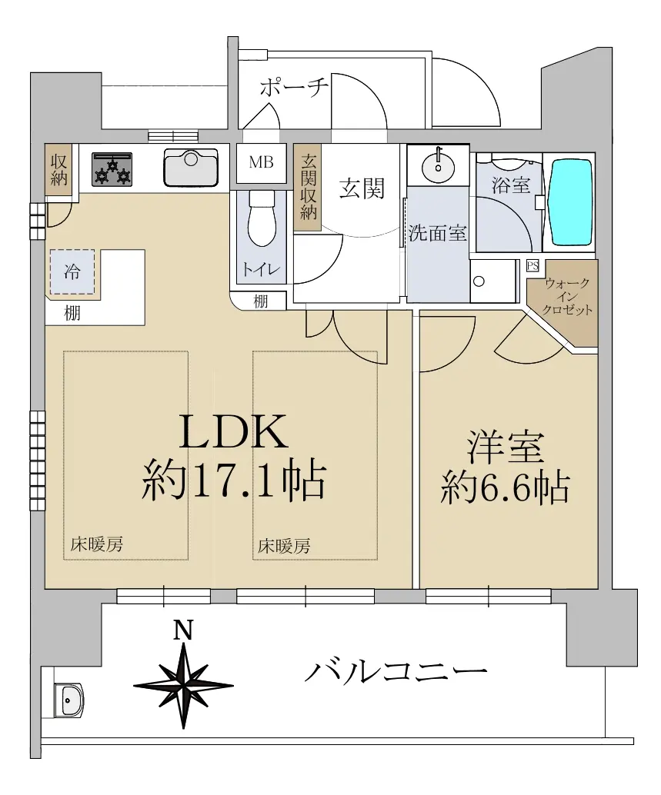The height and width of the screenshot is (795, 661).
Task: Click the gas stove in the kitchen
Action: coord(112,169)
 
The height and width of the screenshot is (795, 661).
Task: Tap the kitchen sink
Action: coord(191,167)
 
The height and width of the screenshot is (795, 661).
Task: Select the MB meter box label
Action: coord(262,162)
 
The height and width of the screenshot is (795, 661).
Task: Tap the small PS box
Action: coord(532,266)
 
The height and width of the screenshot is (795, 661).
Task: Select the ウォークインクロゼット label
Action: coord(567,297)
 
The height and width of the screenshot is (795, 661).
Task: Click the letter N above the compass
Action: coord(183,630)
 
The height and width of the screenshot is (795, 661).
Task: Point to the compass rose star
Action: coord(183,685)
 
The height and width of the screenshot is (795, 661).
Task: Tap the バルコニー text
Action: coord(396,672)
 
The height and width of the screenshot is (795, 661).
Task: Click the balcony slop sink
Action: coord(68,700)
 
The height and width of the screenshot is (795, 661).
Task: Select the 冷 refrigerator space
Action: coord(72,271)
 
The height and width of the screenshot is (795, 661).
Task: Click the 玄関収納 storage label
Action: coord(308,187)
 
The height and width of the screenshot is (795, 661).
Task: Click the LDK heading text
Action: coord(234,432)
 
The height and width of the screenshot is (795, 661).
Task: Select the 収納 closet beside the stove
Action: coord(58,171)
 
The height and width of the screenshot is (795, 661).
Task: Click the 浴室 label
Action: coord(510,185)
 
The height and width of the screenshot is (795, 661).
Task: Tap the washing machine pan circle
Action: coord(479,281)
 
